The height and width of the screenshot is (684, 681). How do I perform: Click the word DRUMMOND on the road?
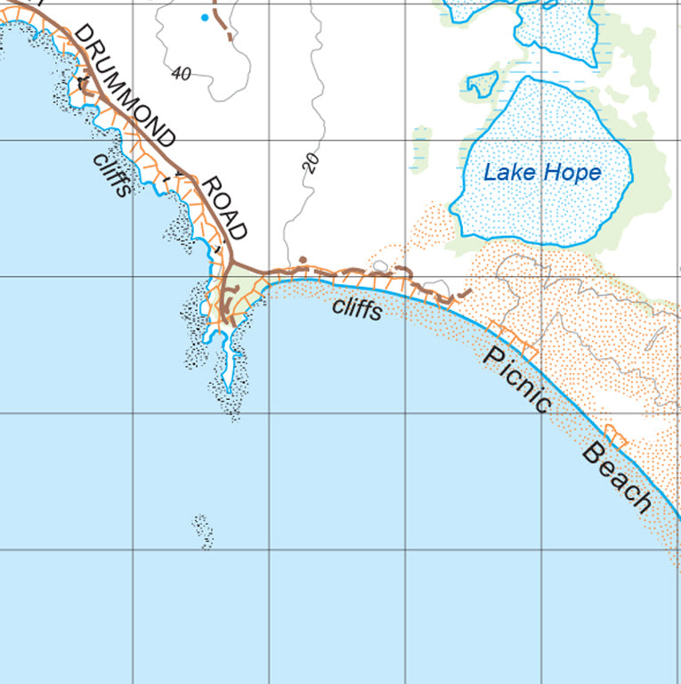[x=124, y=85]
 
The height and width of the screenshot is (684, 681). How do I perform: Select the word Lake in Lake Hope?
[x=502, y=171]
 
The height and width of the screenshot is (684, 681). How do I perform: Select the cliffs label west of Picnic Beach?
[x=357, y=308]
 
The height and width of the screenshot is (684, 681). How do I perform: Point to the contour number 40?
[x=181, y=75]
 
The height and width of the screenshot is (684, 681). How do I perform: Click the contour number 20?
[x=310, y=163]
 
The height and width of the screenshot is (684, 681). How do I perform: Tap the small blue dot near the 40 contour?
[x=206, y=17]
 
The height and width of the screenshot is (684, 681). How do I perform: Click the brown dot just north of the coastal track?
[x=303, y=261]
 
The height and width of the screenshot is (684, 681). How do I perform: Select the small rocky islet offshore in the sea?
[x=203, y=532]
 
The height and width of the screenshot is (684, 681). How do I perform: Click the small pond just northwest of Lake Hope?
[x=483, y=84]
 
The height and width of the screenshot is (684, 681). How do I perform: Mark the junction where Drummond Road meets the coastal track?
[x=231, y=265]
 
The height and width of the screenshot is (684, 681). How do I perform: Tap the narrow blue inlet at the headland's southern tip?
[x=229, y=365]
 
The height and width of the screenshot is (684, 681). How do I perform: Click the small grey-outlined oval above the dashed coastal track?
[x=380, y=265]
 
